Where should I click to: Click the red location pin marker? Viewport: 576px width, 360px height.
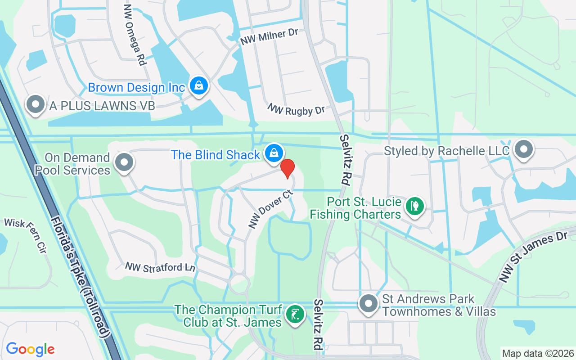pyautogui.click(x=288, y=169)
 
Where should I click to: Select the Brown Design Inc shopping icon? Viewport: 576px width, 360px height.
pyautogui.click(x=198, y=85)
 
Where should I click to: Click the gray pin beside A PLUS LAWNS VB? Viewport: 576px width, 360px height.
pyautogui.click(x=36, y=105)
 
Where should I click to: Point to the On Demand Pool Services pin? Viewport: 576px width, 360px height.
pyautogui.click(x=124, y=162)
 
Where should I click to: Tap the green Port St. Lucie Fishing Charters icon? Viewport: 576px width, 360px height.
pyautogui.click(x=414, y=207)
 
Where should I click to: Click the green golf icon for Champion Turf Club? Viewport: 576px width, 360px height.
pyautogui.click(x=295, y=315)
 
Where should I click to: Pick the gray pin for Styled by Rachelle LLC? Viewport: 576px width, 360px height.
pyautogui.click(x=523, y=149)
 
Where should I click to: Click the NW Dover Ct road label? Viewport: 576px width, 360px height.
pyautogui.click(x=270, y=209)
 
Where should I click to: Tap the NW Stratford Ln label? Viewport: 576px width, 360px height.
pyautogui.click(x=160, y=267)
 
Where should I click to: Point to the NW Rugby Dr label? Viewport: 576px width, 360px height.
pyautogui.click(x=296, y=109)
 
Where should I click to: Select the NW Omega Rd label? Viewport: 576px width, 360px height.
pyautogui.click(x=135, y=35)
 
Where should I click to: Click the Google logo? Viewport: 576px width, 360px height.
pyautogui.click(x=30, y=349)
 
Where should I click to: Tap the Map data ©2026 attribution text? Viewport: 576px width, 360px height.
pyautogui.click(x=538, y=353)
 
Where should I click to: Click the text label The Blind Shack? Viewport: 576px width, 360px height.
pyautogui.click(x=215, y=155)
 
